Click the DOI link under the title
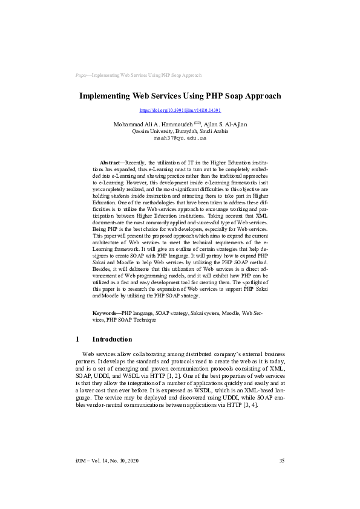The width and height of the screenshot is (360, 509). (180, 111)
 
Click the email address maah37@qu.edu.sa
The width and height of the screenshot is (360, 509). (180, 138)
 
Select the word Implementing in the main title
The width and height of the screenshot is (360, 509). (105, 96)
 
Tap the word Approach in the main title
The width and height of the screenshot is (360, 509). (259, 96)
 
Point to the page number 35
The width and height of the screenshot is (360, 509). (281, 478)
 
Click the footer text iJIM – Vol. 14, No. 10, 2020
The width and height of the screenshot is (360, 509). (107, 478)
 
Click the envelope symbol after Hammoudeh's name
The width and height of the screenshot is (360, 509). (197, 123)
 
